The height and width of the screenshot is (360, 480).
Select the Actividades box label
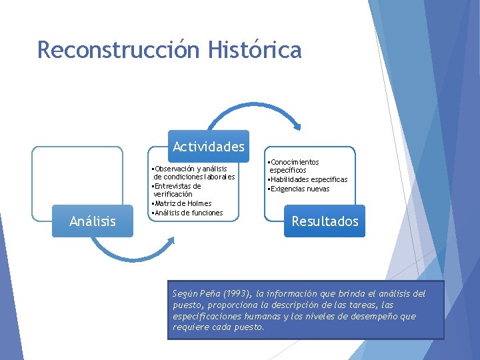point(208,146)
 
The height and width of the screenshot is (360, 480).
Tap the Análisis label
point(93,221)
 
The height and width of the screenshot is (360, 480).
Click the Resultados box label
point(325,221)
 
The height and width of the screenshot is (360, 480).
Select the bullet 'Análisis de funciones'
point(187,213)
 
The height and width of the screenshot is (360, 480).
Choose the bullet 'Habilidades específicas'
point(307,179)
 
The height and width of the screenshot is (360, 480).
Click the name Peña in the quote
point(209,294)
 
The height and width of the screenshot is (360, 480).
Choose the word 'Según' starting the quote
point(184,294)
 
